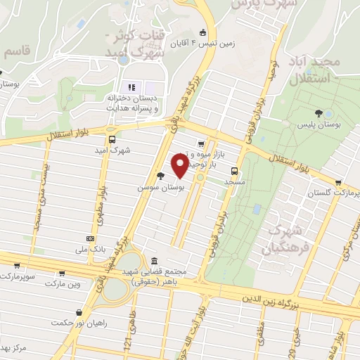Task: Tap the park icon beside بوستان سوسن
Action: [161, 176]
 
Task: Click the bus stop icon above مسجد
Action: [234, 170]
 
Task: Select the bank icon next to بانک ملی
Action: [89, 239]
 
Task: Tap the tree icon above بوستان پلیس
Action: [319, 112]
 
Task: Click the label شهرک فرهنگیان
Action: [281, 238]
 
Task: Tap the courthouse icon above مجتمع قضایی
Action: [154, 261]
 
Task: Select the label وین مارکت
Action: [64, 283]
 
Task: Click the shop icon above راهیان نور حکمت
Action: [79, 312]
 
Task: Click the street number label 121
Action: [128, 342]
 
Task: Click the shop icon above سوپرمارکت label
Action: [16, 266]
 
